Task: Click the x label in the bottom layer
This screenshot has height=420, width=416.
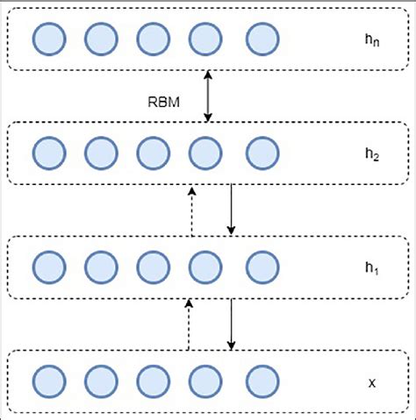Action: tap(371, 382)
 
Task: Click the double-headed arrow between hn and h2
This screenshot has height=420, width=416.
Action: tap(208, 96)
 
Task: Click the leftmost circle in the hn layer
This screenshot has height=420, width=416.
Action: tap(48, 39)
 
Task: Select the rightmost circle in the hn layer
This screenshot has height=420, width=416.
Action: tap(262, 39)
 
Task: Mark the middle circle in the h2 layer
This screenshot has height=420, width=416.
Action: tap(154, 153)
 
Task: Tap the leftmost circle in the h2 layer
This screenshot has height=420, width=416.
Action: tap(48, 153)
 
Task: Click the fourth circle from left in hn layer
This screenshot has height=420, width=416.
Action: tap(206, 39)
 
